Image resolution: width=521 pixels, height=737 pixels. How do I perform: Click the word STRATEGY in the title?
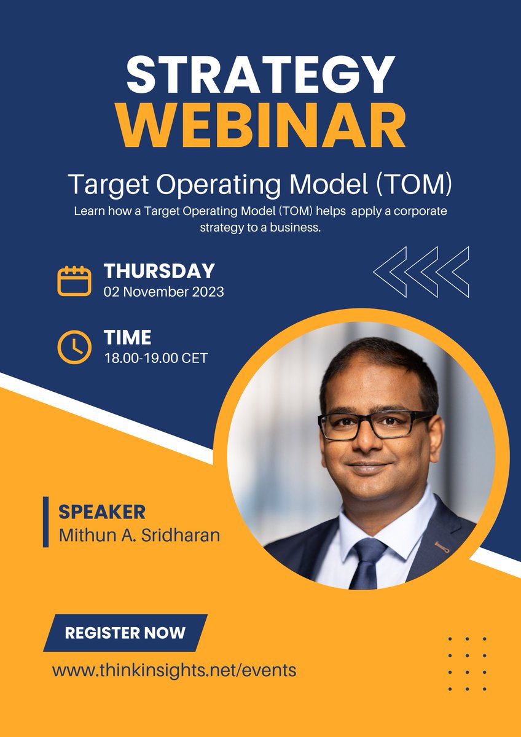(x=260, y=76)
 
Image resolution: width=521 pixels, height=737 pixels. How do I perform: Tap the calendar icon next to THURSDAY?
(x=74, y=281)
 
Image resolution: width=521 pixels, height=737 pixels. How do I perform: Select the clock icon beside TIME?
(x=74, y=347)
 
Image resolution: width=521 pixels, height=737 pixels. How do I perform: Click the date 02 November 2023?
(x=163, y=292)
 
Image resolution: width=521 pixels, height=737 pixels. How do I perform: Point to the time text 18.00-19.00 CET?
(x=155, y=357)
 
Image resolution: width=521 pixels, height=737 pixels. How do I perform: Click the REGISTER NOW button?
(x=125, y=633)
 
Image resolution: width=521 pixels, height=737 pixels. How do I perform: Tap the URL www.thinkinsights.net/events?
(x=174, y=670)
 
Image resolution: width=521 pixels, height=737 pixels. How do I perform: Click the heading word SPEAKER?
(x=101, y=512)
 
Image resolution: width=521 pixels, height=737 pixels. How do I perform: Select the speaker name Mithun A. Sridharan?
(x=139, y=534)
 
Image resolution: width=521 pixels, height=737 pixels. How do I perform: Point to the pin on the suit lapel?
(x=442, y=546)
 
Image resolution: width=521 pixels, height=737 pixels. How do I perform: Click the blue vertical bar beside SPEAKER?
(x=45, y=522)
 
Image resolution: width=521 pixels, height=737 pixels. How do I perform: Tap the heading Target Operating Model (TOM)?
(x=260, y=184)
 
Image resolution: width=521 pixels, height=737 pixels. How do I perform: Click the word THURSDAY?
(x=159, y=271)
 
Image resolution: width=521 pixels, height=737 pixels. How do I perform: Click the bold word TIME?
(x=127, y=337)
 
